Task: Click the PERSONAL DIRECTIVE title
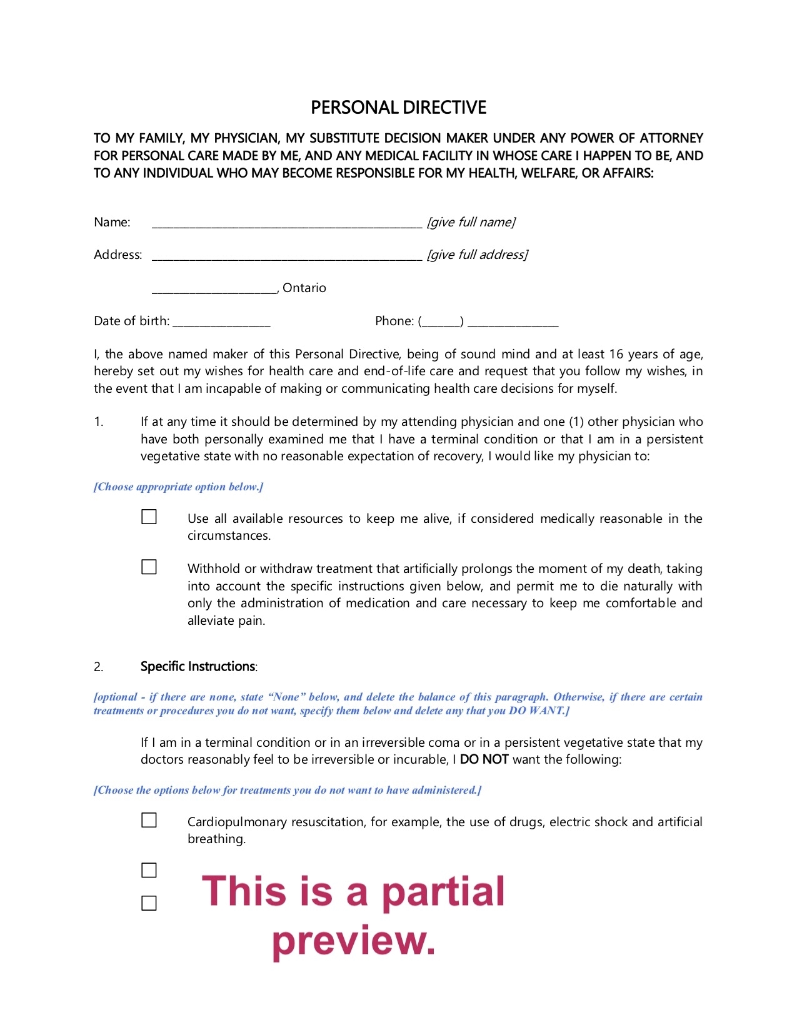[398, 108]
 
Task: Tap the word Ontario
[304, 288]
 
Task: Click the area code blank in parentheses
[441, 323]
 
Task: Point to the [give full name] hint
[471, 222]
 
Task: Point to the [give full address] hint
[477, 255]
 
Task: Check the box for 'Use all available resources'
[149, 517]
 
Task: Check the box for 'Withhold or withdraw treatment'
[149, 567]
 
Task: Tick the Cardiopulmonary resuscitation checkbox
[149, 820]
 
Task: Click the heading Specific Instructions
[198, 667]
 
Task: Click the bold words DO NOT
[484, 759]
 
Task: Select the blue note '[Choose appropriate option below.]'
[178, 487]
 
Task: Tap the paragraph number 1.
[98, 422]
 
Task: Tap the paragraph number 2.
[98, 667]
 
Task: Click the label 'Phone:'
[394, 321]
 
